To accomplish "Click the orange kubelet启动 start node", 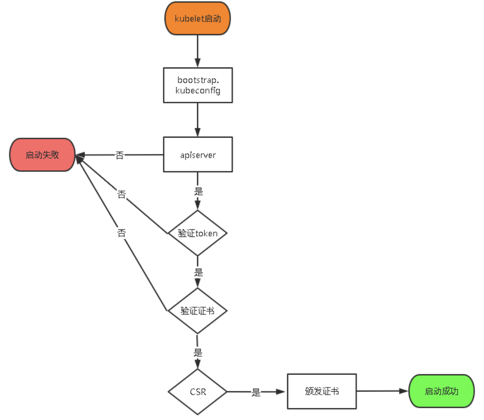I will (x=197, y=19).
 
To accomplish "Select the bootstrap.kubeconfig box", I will (x=198, y=85).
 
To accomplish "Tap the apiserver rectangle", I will (x=198, y=155).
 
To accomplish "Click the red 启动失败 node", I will (x=42, y=155).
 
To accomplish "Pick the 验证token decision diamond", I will (x=197, y=233).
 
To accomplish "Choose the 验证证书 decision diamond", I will (x=197, y=311).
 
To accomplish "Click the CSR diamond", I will (x=197, y=392).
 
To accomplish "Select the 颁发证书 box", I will (x=321, y=391).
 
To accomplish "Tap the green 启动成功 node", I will (x=441, y=391).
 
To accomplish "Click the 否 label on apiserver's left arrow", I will (x=119, y=155).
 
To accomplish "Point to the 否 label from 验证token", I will (x=121, y=194).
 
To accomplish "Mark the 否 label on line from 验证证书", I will (x=121, y=233).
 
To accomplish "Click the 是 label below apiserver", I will (x=199, y=191).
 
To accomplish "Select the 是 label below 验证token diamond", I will (x=199, y=272).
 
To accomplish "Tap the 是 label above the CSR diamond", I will (x=198, y=353).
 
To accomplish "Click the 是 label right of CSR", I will (x=256, y=392).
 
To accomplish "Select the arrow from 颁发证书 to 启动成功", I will (x=382, y=391).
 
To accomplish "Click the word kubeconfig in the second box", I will (x=198, y=91).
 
